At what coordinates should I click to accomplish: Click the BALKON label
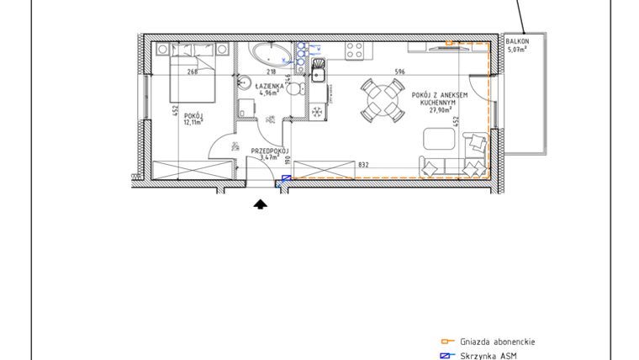[x=517, y=41]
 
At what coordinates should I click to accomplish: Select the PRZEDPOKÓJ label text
[x=270, y=150]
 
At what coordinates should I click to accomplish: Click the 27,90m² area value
[x=440, y=109]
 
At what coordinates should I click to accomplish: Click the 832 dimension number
[x=363, y=165]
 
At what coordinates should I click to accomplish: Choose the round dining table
[x=381, y=99]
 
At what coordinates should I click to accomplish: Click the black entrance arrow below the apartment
[x=261, y=203]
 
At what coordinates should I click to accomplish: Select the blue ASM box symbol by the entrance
[x=286, y=177]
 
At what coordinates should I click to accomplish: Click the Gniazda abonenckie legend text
[x=497, y=342]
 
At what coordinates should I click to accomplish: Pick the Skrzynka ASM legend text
[x=488, y=356]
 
